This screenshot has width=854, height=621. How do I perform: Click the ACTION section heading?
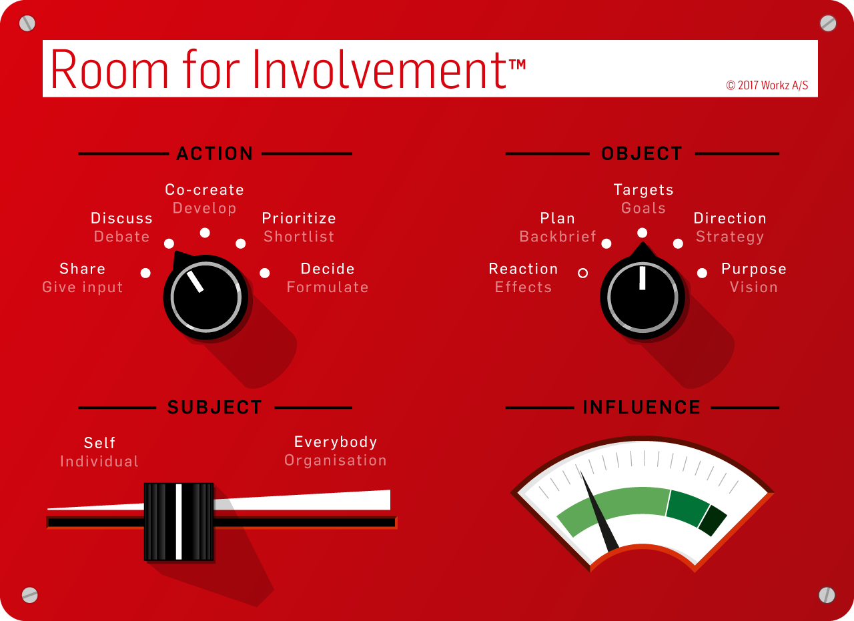point(215,153)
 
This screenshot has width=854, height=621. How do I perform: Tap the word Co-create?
point(204,190)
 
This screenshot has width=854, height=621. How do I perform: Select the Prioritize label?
point(299,218)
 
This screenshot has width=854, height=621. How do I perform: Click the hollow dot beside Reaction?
point(583,273)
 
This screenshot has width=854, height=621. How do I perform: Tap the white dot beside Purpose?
point(703,273)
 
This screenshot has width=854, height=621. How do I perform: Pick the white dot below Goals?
point(643,233)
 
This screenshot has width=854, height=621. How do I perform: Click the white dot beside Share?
point(145,273)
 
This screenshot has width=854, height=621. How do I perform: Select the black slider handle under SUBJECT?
point(179,522)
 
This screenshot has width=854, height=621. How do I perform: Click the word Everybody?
point(336,442)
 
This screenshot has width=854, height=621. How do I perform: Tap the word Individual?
point(99,462)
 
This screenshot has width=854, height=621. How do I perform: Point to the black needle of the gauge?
point(598,511)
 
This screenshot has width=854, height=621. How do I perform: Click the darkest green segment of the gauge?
point(713,520)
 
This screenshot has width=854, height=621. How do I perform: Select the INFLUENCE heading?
point(642,407)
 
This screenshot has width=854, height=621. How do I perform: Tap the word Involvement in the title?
point(380,69)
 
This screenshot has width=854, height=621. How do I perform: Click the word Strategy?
point(730,237)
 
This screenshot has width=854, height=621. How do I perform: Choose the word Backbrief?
point(558,237)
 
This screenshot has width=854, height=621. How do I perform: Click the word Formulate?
point(328,287)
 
